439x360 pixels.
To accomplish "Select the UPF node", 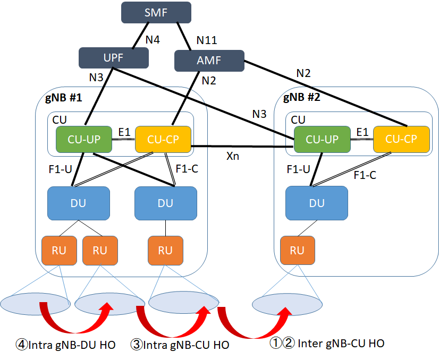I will point(113,58).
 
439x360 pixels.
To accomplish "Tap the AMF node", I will point(209,61).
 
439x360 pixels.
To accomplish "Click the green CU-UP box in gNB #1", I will point(83,139).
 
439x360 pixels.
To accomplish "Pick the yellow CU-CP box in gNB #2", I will point(401,139).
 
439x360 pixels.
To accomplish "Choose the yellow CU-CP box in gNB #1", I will point(163,139).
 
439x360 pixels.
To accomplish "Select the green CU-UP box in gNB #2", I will point(321,139).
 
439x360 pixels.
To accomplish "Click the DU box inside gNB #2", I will point(317,202).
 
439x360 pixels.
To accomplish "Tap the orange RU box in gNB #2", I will point(298,250).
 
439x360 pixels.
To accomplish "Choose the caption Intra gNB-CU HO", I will point(180,345).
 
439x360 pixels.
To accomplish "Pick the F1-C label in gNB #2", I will point(365,175).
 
